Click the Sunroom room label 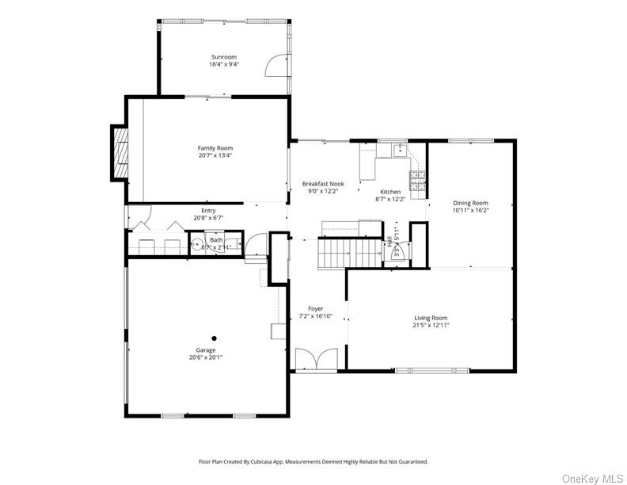click(224, 57)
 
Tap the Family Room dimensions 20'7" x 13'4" click(215, 155)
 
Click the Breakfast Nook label click(323, 183)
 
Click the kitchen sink click(397, 148)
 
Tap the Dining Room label click(470, 203)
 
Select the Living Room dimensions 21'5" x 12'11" click(431, 325)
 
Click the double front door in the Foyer click(316, 359)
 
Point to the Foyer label click(316, 308)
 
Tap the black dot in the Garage click(213, 338)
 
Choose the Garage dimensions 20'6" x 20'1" click(206, 357)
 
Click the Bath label click(216, 240)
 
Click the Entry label click(208, 211)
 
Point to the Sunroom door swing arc click(274, 64)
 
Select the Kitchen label click(390, 192)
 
